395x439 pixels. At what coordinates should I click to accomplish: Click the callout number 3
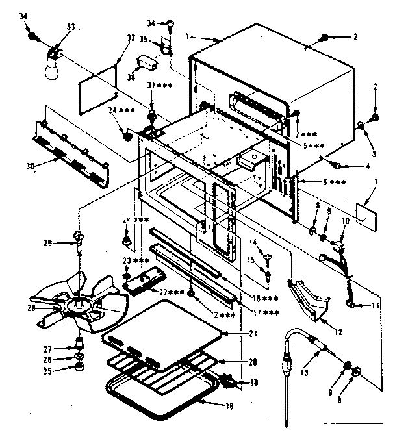point(374,154)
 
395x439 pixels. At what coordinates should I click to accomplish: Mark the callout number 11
point(374,305)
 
